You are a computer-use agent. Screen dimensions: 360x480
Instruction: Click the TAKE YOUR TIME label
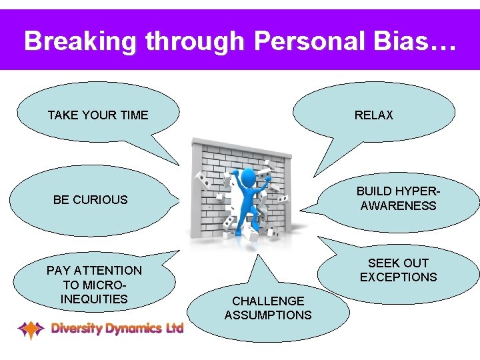(98, 115)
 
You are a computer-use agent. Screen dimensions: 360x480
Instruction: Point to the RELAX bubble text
(374, 115)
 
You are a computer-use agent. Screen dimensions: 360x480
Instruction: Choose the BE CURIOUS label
(90, 199)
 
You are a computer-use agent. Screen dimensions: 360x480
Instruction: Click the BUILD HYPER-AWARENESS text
(398, 199)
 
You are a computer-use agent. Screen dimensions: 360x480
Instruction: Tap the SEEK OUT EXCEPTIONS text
(398, 270)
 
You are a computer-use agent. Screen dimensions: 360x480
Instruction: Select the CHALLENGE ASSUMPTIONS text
(268, 308)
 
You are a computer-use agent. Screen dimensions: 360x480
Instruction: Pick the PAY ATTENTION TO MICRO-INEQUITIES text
(94, 285)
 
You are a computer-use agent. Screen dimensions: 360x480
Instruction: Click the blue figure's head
(248, 177)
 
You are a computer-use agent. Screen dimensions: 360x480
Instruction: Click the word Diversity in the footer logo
(75, 328)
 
